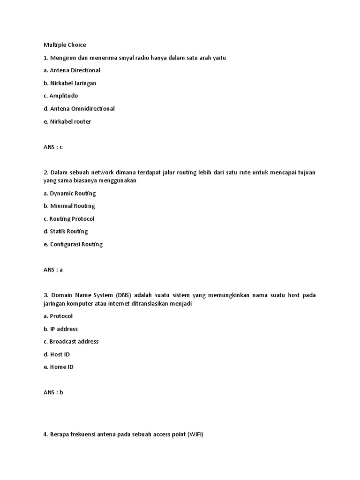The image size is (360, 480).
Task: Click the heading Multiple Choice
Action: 65,45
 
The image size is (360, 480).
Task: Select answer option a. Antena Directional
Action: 72,70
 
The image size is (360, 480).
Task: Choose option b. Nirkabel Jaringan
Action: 70,83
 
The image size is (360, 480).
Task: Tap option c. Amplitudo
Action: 60,96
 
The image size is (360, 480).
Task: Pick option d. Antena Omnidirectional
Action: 79,108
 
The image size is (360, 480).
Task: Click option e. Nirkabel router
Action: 67,121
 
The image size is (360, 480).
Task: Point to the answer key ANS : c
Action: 53,147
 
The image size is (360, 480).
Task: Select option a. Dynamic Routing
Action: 69,193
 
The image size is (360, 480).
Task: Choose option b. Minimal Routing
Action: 69,206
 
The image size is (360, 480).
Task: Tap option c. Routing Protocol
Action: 69,218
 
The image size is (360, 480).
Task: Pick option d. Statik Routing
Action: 66,231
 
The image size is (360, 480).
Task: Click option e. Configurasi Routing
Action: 73,244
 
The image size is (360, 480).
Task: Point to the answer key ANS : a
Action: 53,270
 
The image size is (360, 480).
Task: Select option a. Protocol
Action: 58,316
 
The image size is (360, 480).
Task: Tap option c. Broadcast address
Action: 71,341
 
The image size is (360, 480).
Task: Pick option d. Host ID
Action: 56,354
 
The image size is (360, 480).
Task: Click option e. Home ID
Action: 58,367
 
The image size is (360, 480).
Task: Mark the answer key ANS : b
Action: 53,392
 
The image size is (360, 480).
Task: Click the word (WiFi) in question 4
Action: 195,435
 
